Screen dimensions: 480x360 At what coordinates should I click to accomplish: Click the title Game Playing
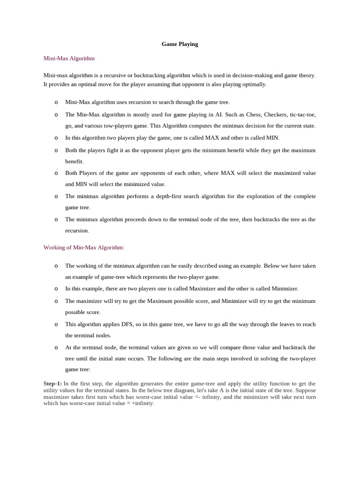coord(180,44)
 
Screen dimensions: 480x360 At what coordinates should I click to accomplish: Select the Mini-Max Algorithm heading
coord(69,59)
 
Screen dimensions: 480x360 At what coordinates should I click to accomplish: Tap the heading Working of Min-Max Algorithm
coord(84,247)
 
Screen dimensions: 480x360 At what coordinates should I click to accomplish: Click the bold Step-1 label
coord(52,383)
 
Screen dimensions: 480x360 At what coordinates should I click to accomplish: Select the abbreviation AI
coord(218,115)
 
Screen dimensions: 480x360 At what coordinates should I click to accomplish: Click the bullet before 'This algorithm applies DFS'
coord(56,324)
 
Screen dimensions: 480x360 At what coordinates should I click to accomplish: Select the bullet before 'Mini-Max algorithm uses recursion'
coord(56,102)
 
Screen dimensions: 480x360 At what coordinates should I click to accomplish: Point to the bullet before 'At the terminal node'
coord(56,347)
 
